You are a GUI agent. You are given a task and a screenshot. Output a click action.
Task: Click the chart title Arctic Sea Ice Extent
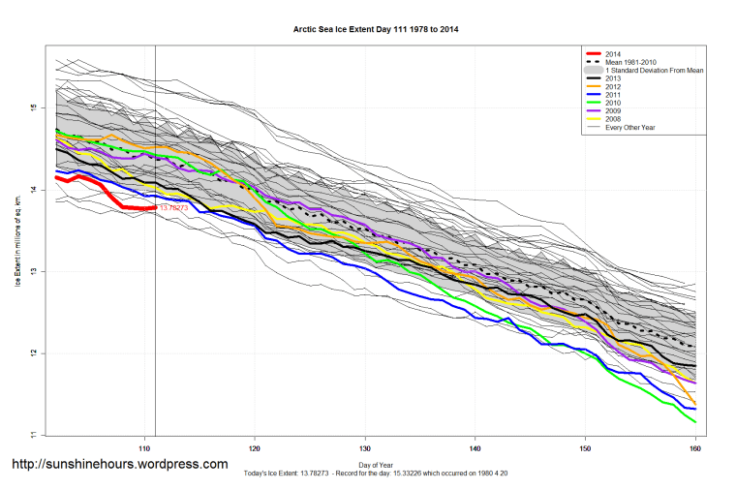(376, 30)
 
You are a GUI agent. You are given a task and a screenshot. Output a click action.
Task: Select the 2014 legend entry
(614, 53)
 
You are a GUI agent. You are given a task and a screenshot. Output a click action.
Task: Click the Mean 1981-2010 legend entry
(630, 62)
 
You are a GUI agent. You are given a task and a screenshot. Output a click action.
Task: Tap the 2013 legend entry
(614, 79)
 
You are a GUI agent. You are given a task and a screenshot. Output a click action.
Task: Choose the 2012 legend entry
(614, 88)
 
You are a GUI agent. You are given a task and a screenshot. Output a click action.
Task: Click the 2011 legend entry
(614, 97)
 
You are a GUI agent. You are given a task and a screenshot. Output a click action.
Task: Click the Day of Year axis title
(376, 466)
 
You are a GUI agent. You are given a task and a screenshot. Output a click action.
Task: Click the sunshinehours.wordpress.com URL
(119, 464)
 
